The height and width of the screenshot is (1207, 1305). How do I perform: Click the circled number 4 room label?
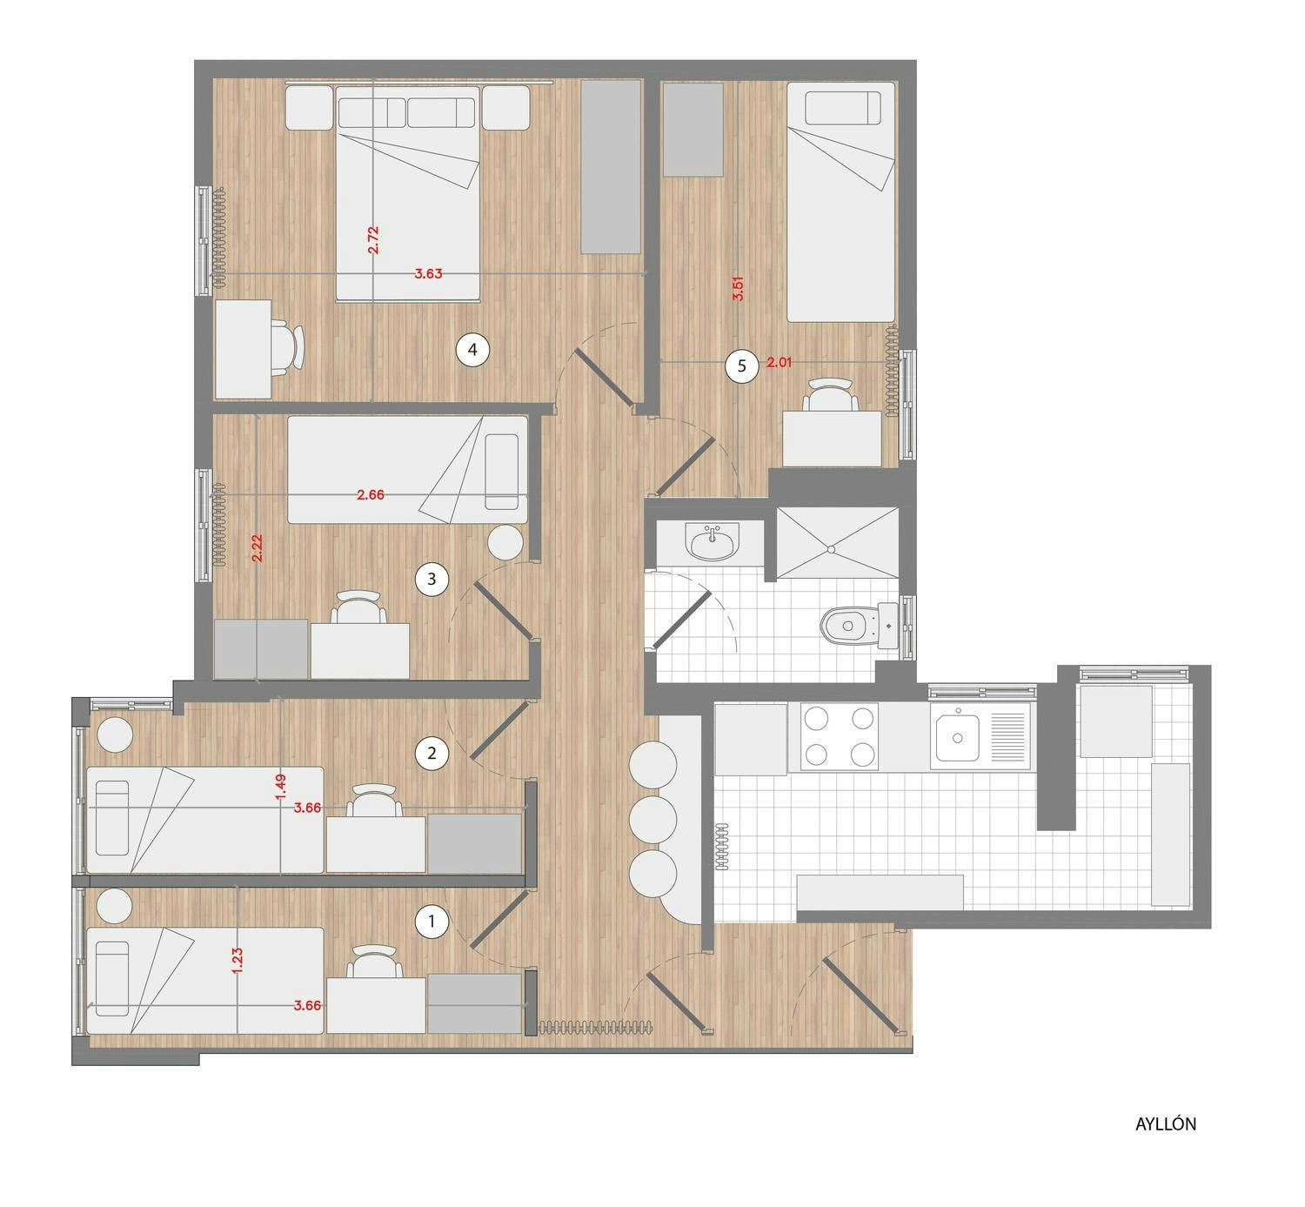click(x=472, y=350)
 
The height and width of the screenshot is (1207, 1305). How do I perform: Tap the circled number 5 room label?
click(x=742, y=366)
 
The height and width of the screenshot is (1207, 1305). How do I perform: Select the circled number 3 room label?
click(x=432, y=580)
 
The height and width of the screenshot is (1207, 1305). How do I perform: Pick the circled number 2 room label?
click(x=432, y=754)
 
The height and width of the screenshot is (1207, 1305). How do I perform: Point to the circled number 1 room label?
click(x=432, y=922)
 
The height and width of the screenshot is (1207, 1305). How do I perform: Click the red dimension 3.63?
click(x=428, y=273)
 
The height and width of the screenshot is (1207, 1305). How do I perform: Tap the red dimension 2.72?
click(x=373, y=240)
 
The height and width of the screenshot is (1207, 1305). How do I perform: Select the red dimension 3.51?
click(x=739, y=289)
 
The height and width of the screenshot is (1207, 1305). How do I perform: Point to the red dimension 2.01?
click(x=780, y=361)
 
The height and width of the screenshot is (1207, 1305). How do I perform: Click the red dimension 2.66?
click(x=371, y=495)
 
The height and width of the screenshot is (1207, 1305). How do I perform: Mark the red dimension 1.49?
click(x=281, y=787)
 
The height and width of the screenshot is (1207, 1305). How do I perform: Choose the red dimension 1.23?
click(x=238, y=961)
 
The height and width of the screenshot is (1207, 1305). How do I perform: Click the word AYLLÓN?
click(x=1166, y=1124)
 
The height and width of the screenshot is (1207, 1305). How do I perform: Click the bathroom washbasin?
click(x=712, y=541)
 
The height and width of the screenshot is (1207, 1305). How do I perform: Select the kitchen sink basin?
click(x=957, y=738)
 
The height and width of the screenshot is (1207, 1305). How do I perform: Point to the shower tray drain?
click(x=831, y=549)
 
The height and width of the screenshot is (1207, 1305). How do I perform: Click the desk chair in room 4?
click(x=288, y=347)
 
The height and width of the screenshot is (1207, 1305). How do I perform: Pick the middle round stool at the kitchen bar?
click(x=652, y=820)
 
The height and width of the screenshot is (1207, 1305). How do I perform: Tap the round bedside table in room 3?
click(x=505, y=543)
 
